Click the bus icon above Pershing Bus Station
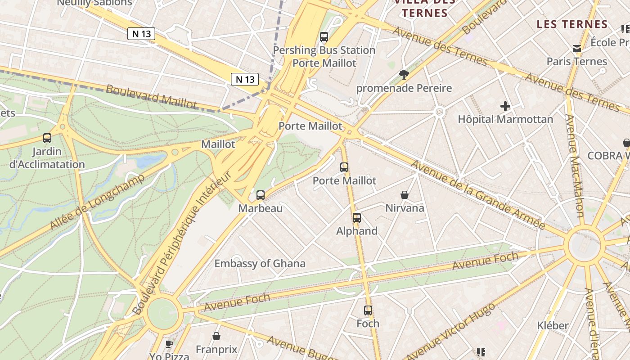pyautogui.click(x=324, y=37)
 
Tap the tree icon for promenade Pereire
pyautogui.click(x=404, y=75)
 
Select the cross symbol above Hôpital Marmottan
pyautogui.click(x=505, y=107)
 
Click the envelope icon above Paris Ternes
pyautogui.click(x=576, y=49)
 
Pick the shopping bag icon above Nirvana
pyautogui.click(x=405, y=195)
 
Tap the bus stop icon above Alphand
pyautogui.click(x=357, y=218)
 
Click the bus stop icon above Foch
pyautogui.click(x=368, y=310)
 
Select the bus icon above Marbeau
pyautogui.click(x=261, y=195)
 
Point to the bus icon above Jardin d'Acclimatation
pyautogui.click(x=47, y=138)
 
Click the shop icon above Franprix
pyautogui.click(x=216, y=336)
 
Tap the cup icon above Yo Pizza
pyautogui.click(x=169, y=344)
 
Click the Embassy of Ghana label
pyautogui.click(x=260, y=264)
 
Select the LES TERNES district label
pyautogui.click(x=572, y=24)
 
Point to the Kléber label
pyautogui.click(x=553, y=325)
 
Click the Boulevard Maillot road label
pyautogui.click(x=151, y=96)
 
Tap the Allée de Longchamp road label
pyautogui.click(x=97, y=201)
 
